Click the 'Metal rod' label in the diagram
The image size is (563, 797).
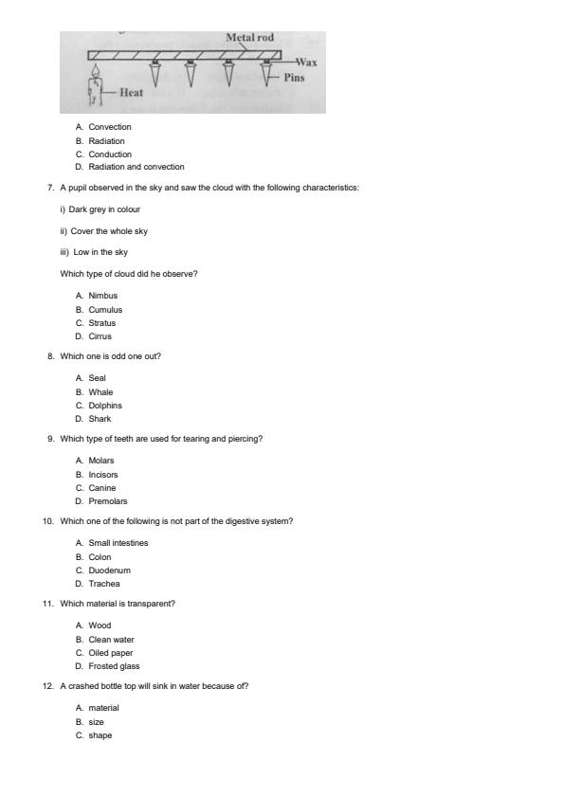pyautogui.click(x=250, y=38)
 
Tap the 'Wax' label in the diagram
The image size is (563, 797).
pyautogui.click(x=305, y=63)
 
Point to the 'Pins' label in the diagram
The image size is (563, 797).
pyautogui.click(x=294, y=78)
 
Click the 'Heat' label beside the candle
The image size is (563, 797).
pyautogui.click(x=131, y=93)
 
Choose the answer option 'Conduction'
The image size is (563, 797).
pyautogui.click(x=110, y=154)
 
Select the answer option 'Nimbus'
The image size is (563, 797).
pyautogui.click(x=103, y=296)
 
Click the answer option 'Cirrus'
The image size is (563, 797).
pyautogui.click(x=100, y=336)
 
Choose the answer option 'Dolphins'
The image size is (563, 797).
pyautogui.click(x=105, y=406)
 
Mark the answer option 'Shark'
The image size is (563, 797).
pyautogui.click(x=100, y=419)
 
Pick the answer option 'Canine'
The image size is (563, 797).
pyautogui.click(x=102, y=488)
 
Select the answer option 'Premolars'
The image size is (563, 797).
pyautogui.click(x=108, y=501)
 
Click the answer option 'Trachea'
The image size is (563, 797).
pyautogui.click(x=104, y=584)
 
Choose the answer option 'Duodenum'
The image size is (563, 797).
pyautogui.click(x=110, y=571)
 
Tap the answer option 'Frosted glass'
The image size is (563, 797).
pyautogui.click(x=114, y=666)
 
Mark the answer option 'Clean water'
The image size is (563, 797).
pyautogui.click(x=112, y=640)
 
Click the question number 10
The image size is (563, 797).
pyautogui.click(x=47, y=521)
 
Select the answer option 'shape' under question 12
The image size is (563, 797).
pyautogui.click(x=100, y=735)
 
